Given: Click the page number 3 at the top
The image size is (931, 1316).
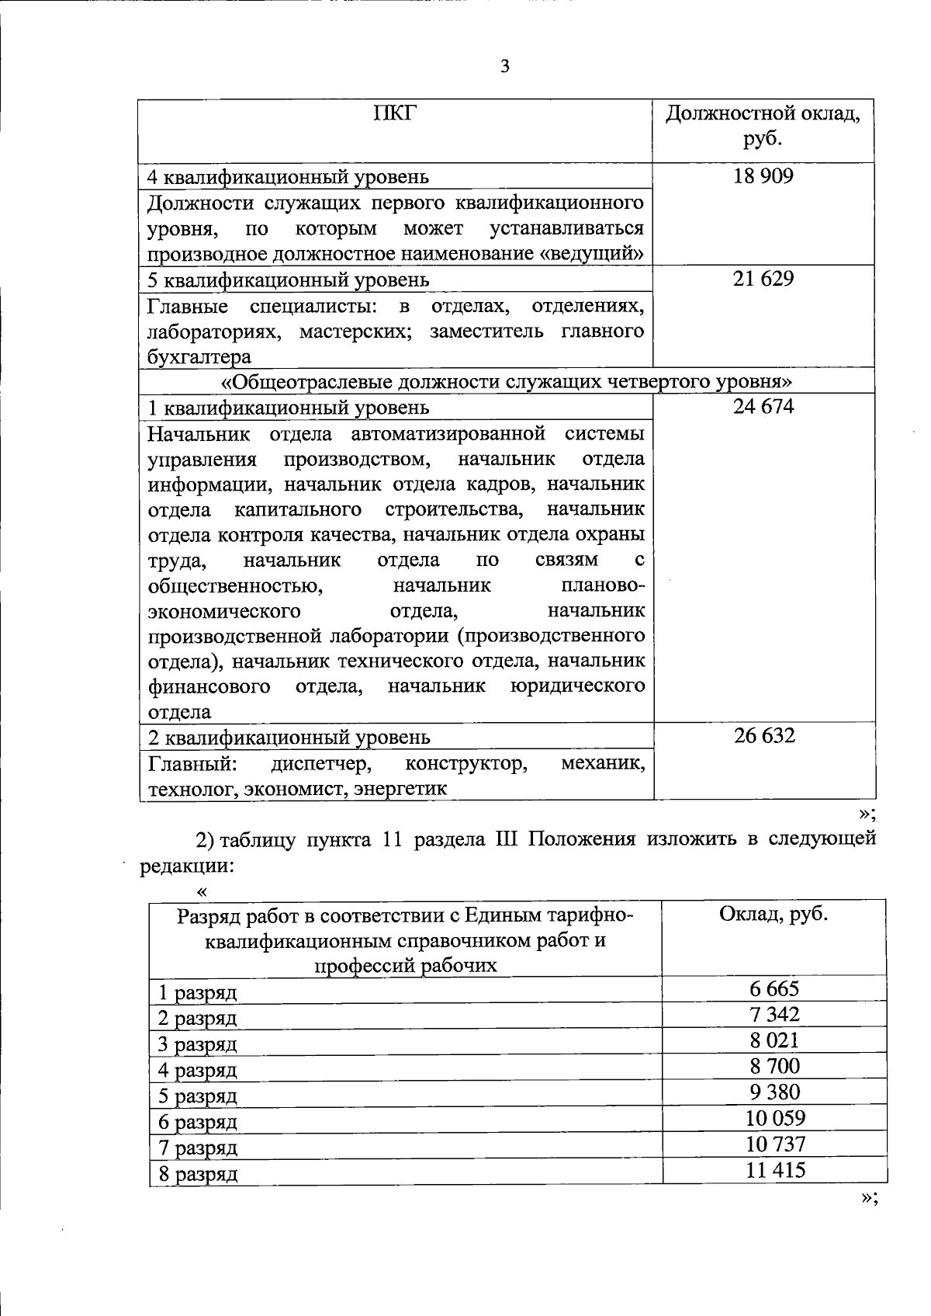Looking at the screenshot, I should pos(505,67).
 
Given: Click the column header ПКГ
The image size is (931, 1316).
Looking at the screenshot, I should pos(394,114).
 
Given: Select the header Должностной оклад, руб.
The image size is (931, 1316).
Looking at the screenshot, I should pos(763,127).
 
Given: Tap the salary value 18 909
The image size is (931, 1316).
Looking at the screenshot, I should pos(763,176).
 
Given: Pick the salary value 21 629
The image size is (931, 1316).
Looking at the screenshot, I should pos(763,279).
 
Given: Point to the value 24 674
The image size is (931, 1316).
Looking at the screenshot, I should pos(763,406).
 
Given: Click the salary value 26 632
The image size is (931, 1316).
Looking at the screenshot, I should pos(764,735).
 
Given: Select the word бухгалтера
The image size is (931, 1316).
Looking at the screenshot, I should pos(199,357).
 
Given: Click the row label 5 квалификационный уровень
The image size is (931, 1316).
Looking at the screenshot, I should pos(288,280).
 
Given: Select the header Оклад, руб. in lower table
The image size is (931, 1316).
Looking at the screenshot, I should pos(774,914).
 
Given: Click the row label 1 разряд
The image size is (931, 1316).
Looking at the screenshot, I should pos(198,992).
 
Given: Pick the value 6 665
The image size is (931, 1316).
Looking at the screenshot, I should pos(774,989).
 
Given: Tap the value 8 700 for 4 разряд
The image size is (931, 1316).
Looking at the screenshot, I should pos(774,1066).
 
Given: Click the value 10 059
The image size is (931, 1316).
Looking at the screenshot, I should pos(775,1118).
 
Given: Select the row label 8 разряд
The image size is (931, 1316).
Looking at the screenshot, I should pos(198,1174).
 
